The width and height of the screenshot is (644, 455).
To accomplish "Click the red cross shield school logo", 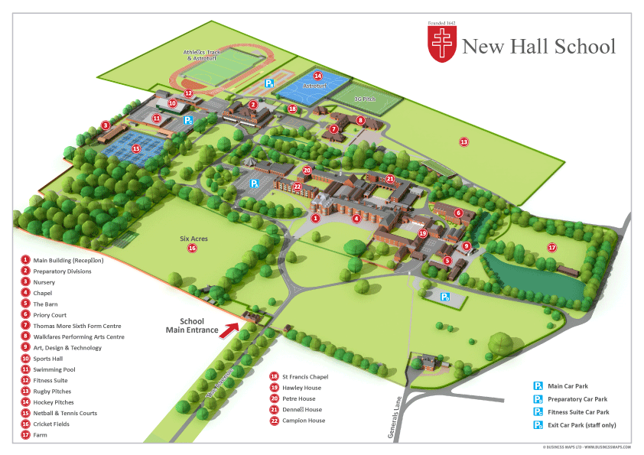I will (443, 44).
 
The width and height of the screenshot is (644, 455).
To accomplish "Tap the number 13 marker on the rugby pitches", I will (463, 141).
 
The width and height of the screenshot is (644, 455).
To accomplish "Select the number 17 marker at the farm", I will (551, 246).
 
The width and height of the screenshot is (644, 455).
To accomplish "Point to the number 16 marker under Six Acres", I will (192, 248).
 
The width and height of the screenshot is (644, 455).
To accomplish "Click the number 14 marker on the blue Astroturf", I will (317, 76).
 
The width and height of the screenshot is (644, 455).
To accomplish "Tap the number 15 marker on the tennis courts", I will (135, 149).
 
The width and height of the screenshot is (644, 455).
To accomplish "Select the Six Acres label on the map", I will (194, 239).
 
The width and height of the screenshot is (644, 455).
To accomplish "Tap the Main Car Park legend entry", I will (567, 386).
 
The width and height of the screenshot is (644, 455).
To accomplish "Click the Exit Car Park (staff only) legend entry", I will (581, 425).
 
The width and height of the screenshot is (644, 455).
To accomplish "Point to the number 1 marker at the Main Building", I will (314, 218).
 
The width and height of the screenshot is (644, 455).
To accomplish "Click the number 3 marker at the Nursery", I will (106, 125).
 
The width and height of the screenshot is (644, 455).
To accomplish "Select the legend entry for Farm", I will (40, 435).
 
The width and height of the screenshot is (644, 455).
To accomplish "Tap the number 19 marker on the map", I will (422, 233).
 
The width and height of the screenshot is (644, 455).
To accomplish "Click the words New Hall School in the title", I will (538, 47).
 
